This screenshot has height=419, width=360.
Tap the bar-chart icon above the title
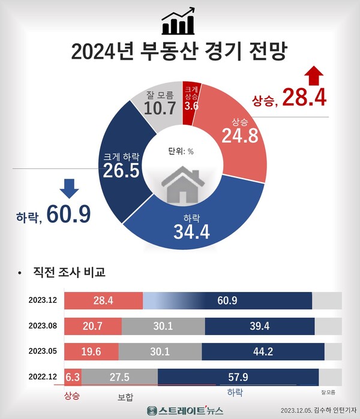[x=178, y=22]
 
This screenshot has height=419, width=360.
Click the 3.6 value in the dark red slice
[x=191, y=106]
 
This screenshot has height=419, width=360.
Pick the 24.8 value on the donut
[x=239, y=137]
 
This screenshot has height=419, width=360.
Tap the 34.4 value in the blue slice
[x=191, y=232]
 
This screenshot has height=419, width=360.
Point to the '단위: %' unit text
[x=180, y=151]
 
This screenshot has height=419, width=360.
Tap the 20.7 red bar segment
[x=92, y=327]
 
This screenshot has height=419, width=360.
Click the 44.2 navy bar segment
[x=263, y=351]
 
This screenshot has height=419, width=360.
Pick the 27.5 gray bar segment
[x=119, y=376]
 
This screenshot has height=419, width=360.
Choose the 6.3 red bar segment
[x=73, y=376]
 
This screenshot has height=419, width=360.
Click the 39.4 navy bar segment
[x=259, y=327]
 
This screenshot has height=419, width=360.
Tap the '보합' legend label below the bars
[x=126, y=397]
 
